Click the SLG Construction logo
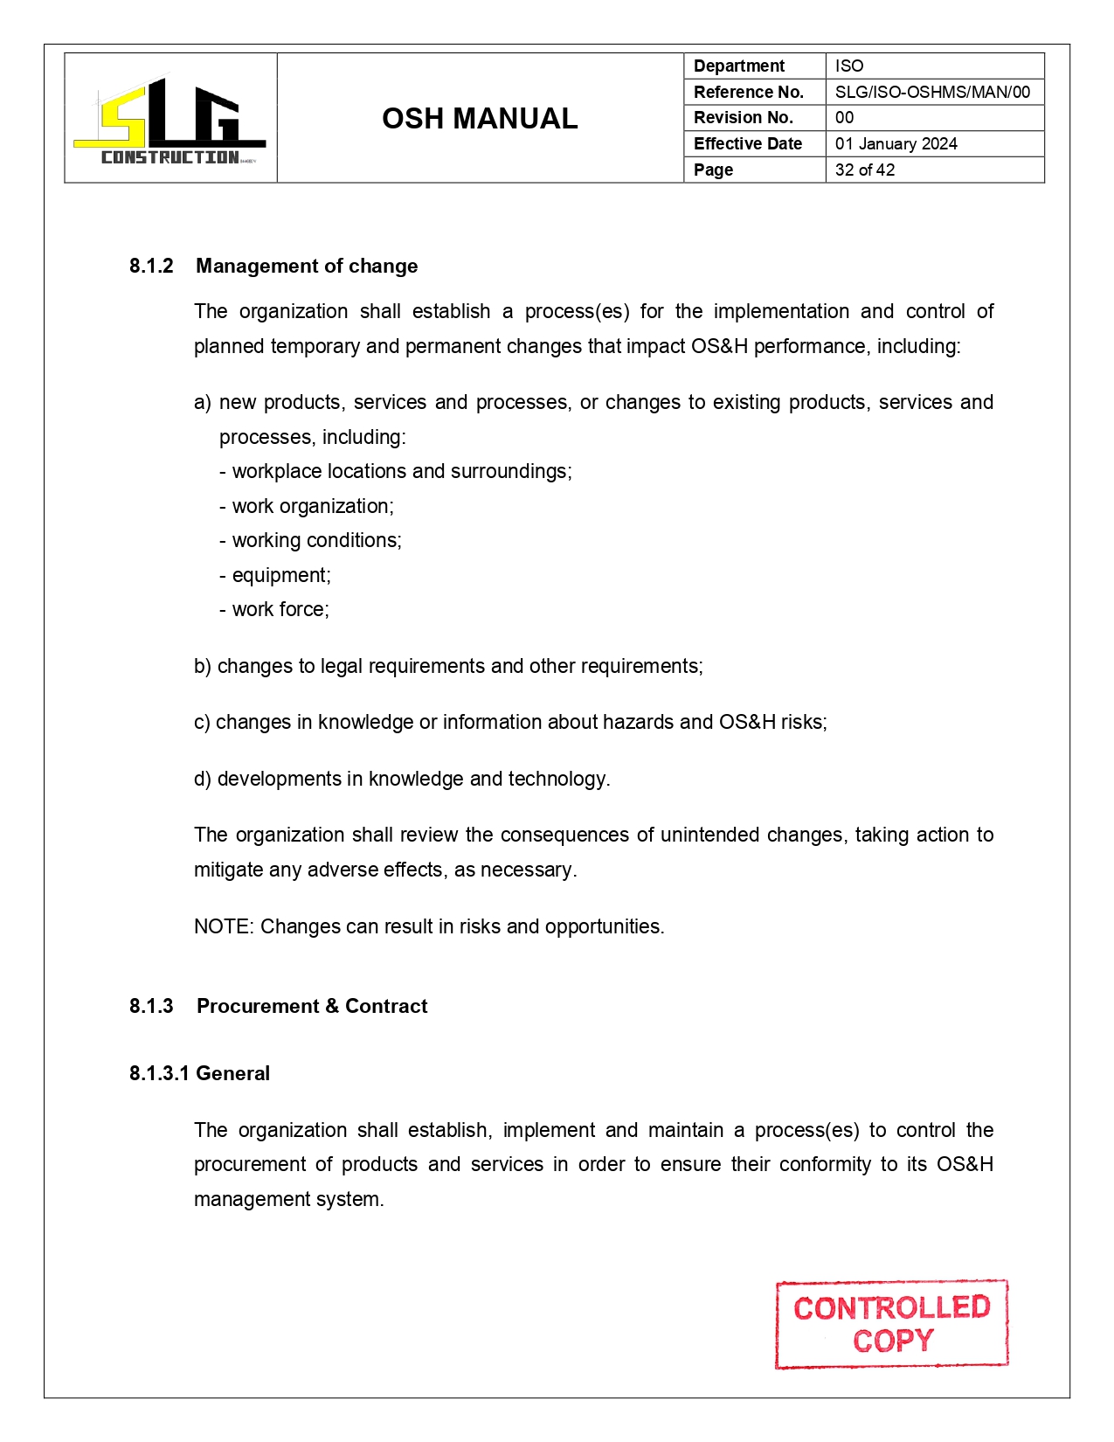(170, 119)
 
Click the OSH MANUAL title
(480, 119)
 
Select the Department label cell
(754, 66)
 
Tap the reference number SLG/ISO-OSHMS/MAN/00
(932, 92)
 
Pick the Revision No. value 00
(844, 118)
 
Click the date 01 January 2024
(896, 144)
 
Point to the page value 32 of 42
(865, 170)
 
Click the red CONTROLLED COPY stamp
(891, 1324)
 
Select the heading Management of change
(307, 266)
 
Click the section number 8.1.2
(151, 266)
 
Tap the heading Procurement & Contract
(312, 1006)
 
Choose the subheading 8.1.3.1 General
(199, 1073)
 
